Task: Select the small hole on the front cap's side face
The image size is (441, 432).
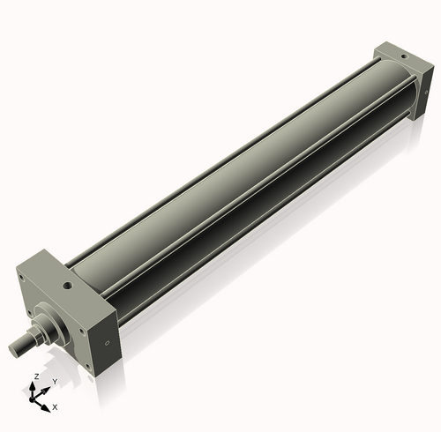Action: pyautogui.click(x=108, y=341)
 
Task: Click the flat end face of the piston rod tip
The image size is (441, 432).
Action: pyautogui.click(x=14, y=351)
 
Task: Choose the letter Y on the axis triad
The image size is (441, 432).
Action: pyautogui.click(x=55, y=381)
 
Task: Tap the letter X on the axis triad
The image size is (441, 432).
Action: pyautogui.click(x=55, y=407)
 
